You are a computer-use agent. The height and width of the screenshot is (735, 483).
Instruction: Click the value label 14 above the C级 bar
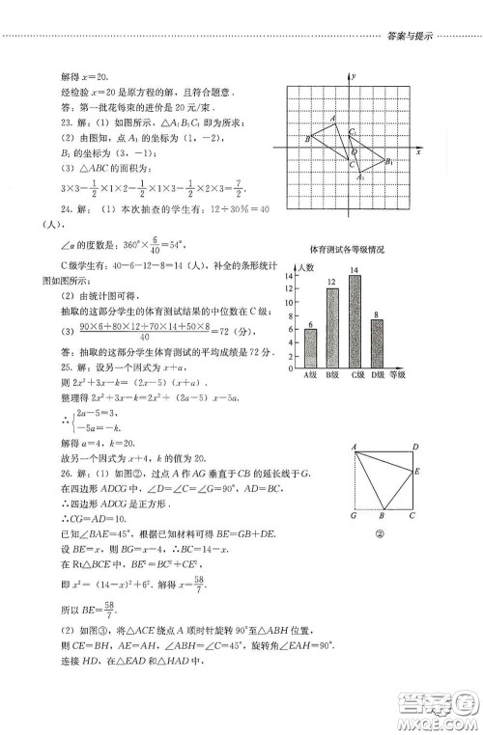pos(355,270)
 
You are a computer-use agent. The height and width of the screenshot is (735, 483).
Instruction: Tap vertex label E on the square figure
pos(416,472)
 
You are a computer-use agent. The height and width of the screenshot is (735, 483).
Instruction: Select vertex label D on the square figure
pos(414,447)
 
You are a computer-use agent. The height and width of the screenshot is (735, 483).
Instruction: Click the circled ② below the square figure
pos(381,531)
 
